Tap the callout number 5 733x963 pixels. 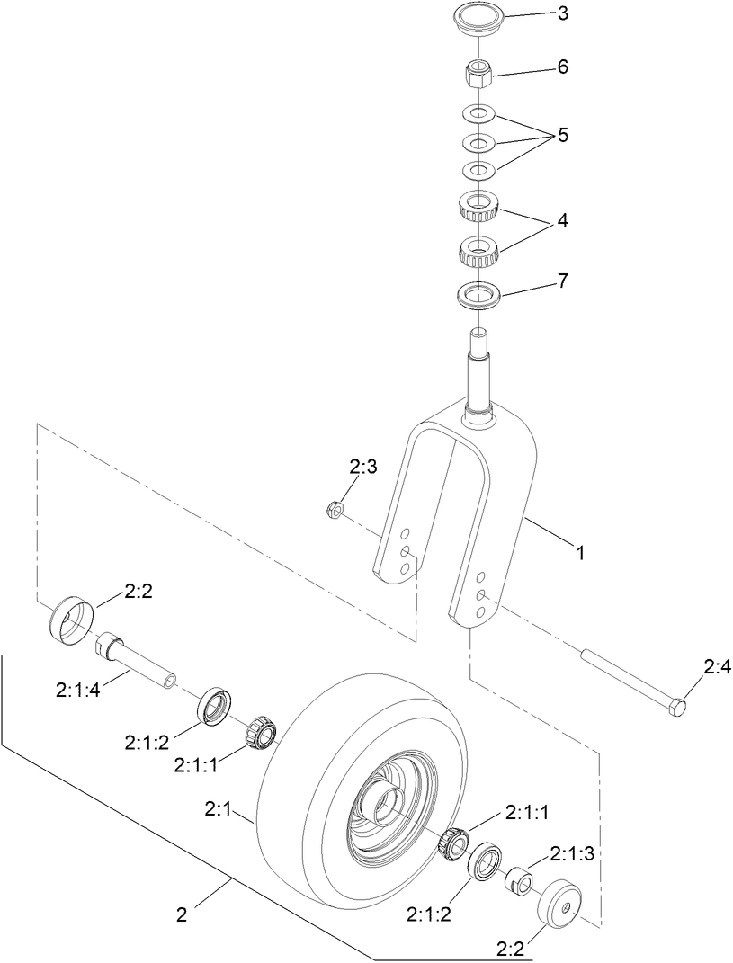pos(563,136)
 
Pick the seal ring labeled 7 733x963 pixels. pos(478,295)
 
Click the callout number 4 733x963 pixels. pos(563,219)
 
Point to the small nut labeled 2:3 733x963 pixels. pos(332,510)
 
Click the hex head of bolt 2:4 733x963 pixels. pos(675,709)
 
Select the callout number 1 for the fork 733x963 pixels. pos(581,554)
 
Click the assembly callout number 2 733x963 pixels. pos(182,914)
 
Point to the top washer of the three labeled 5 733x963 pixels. pos(478,114)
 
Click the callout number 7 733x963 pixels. pos(563,281)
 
